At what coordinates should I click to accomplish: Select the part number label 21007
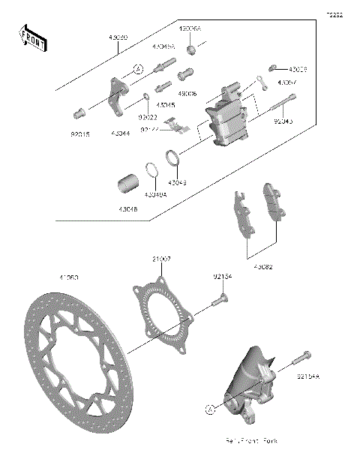160,259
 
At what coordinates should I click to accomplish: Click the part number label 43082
263,266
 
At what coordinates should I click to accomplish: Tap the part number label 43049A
156,194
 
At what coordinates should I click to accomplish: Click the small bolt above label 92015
75,115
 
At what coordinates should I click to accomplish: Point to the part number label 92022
146,116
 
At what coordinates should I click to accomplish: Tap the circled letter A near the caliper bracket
139,69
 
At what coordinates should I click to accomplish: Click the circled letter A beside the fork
210,409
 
